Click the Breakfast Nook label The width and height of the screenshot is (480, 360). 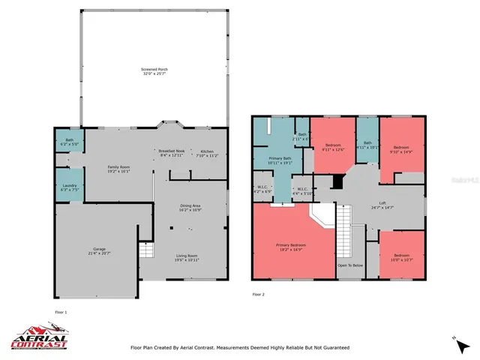tap(171, 153)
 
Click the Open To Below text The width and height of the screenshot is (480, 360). tap(350, 265)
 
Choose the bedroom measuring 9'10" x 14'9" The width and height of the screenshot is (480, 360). tap(403, 151)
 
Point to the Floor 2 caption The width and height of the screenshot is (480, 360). tap(258, 294)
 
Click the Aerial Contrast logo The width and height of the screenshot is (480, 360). tap(39, 337)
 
